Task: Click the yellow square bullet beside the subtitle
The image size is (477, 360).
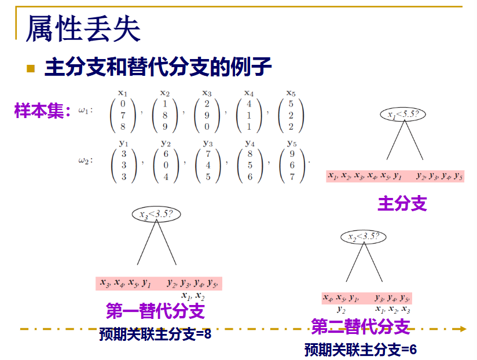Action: coord(31,68)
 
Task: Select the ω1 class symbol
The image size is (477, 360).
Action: coord(86,111)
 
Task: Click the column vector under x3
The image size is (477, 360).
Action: coord(207,116)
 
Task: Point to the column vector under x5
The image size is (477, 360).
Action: coord(291,116)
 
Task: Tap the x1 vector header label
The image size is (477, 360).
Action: coord(123,93)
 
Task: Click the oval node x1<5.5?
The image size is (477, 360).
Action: coord(403,114)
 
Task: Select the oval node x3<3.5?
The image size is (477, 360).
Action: coord(156,214)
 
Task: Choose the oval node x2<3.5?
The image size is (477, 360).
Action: coord(364,236)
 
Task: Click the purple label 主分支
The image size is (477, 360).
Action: coord(402,203)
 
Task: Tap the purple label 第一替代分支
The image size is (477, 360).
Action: coord(155,311)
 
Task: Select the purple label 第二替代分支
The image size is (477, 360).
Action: coord(361,326)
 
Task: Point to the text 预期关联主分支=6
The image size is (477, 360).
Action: coord(361,349)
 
